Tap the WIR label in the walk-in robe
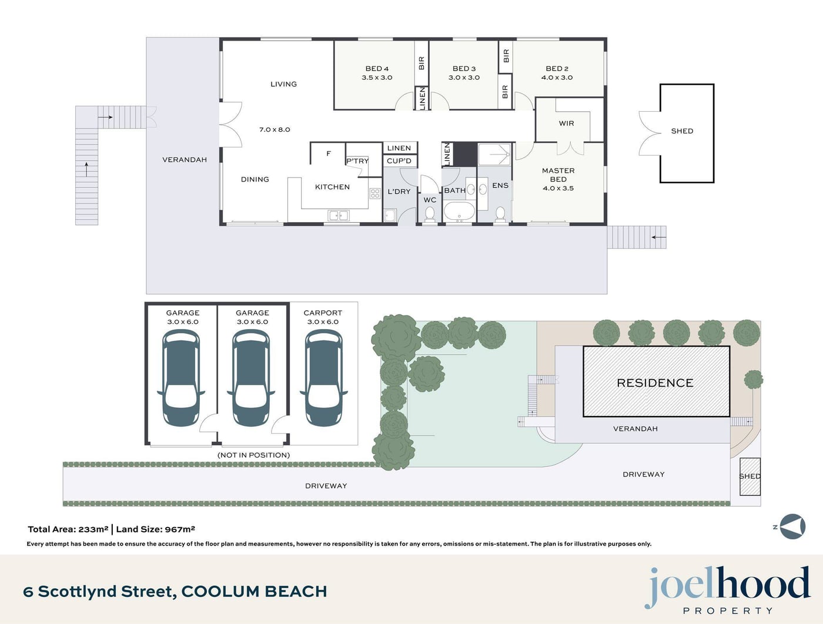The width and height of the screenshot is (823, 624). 566,123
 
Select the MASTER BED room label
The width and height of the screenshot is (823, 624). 558,175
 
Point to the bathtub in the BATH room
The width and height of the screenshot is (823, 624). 459,212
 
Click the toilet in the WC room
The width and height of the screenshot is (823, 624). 430,214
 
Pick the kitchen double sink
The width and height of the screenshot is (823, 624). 338,216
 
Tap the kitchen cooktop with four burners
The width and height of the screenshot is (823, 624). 375,193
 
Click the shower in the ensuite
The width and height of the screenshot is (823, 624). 494,154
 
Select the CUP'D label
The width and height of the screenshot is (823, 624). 399,161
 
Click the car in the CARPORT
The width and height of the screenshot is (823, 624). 323,378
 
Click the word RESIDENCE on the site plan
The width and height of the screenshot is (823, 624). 655,383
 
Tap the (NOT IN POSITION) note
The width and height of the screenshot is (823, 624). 253,455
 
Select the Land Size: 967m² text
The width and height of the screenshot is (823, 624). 155,529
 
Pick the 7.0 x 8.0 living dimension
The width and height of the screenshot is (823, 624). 275,130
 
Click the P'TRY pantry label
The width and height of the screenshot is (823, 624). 357,161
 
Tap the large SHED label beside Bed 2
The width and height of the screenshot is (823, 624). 682,131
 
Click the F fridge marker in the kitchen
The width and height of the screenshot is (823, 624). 329,153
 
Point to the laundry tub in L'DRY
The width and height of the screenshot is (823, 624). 390,216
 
